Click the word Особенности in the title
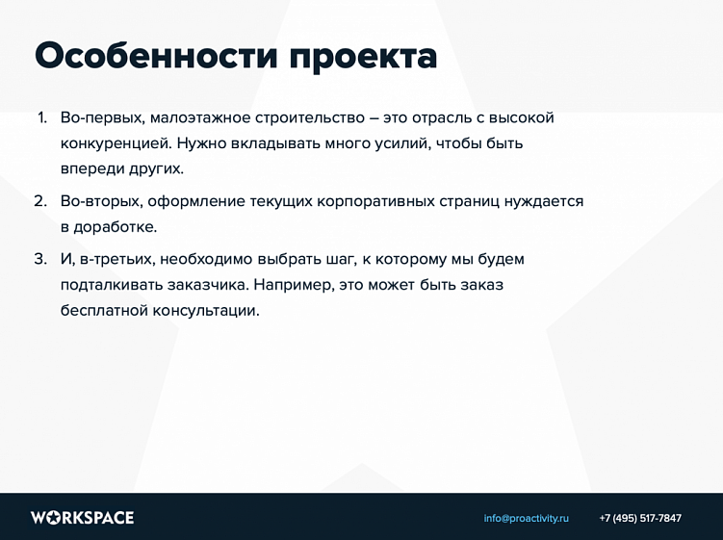click(156, 56)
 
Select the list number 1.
click(42, 118)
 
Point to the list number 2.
click(41, 201)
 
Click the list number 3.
click(41, 259)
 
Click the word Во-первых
click(103, 119)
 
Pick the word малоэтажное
click(200, 119)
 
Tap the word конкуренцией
click(116, 144)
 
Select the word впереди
click(92, 168)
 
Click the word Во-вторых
click(102, 202)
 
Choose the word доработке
click(116, 227)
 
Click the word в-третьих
click(117, 260)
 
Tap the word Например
click(295, 286)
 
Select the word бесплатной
click(104, 310)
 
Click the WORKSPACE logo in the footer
click(83, 518)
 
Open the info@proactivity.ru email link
click(526, 518)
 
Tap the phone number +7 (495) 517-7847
click(640, 518)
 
